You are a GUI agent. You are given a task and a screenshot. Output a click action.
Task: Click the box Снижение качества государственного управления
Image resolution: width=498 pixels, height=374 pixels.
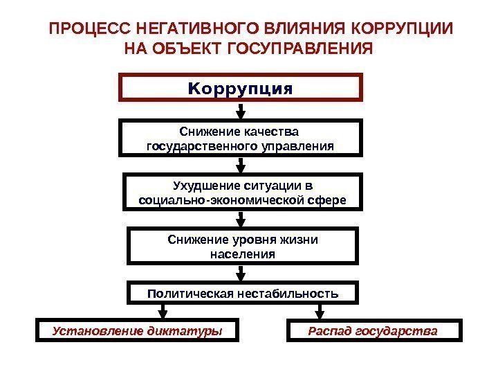tap(241, 138)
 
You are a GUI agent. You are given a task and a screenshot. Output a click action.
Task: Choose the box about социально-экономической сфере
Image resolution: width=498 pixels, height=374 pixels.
tap(241, 193)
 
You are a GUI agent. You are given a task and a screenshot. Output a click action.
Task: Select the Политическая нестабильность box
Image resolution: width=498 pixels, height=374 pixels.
tap(243, 293)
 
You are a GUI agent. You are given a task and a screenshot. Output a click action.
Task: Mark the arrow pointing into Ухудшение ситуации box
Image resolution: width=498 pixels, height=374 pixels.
tap(241, 165)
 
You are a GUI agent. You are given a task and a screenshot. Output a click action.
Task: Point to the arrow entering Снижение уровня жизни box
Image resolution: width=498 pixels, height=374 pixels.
tap(241, 220)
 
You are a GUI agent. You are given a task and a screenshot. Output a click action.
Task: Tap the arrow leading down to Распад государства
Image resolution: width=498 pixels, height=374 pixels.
tap(322, 311)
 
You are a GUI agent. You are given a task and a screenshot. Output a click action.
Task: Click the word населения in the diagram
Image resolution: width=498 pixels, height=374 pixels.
tap(241, 254)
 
